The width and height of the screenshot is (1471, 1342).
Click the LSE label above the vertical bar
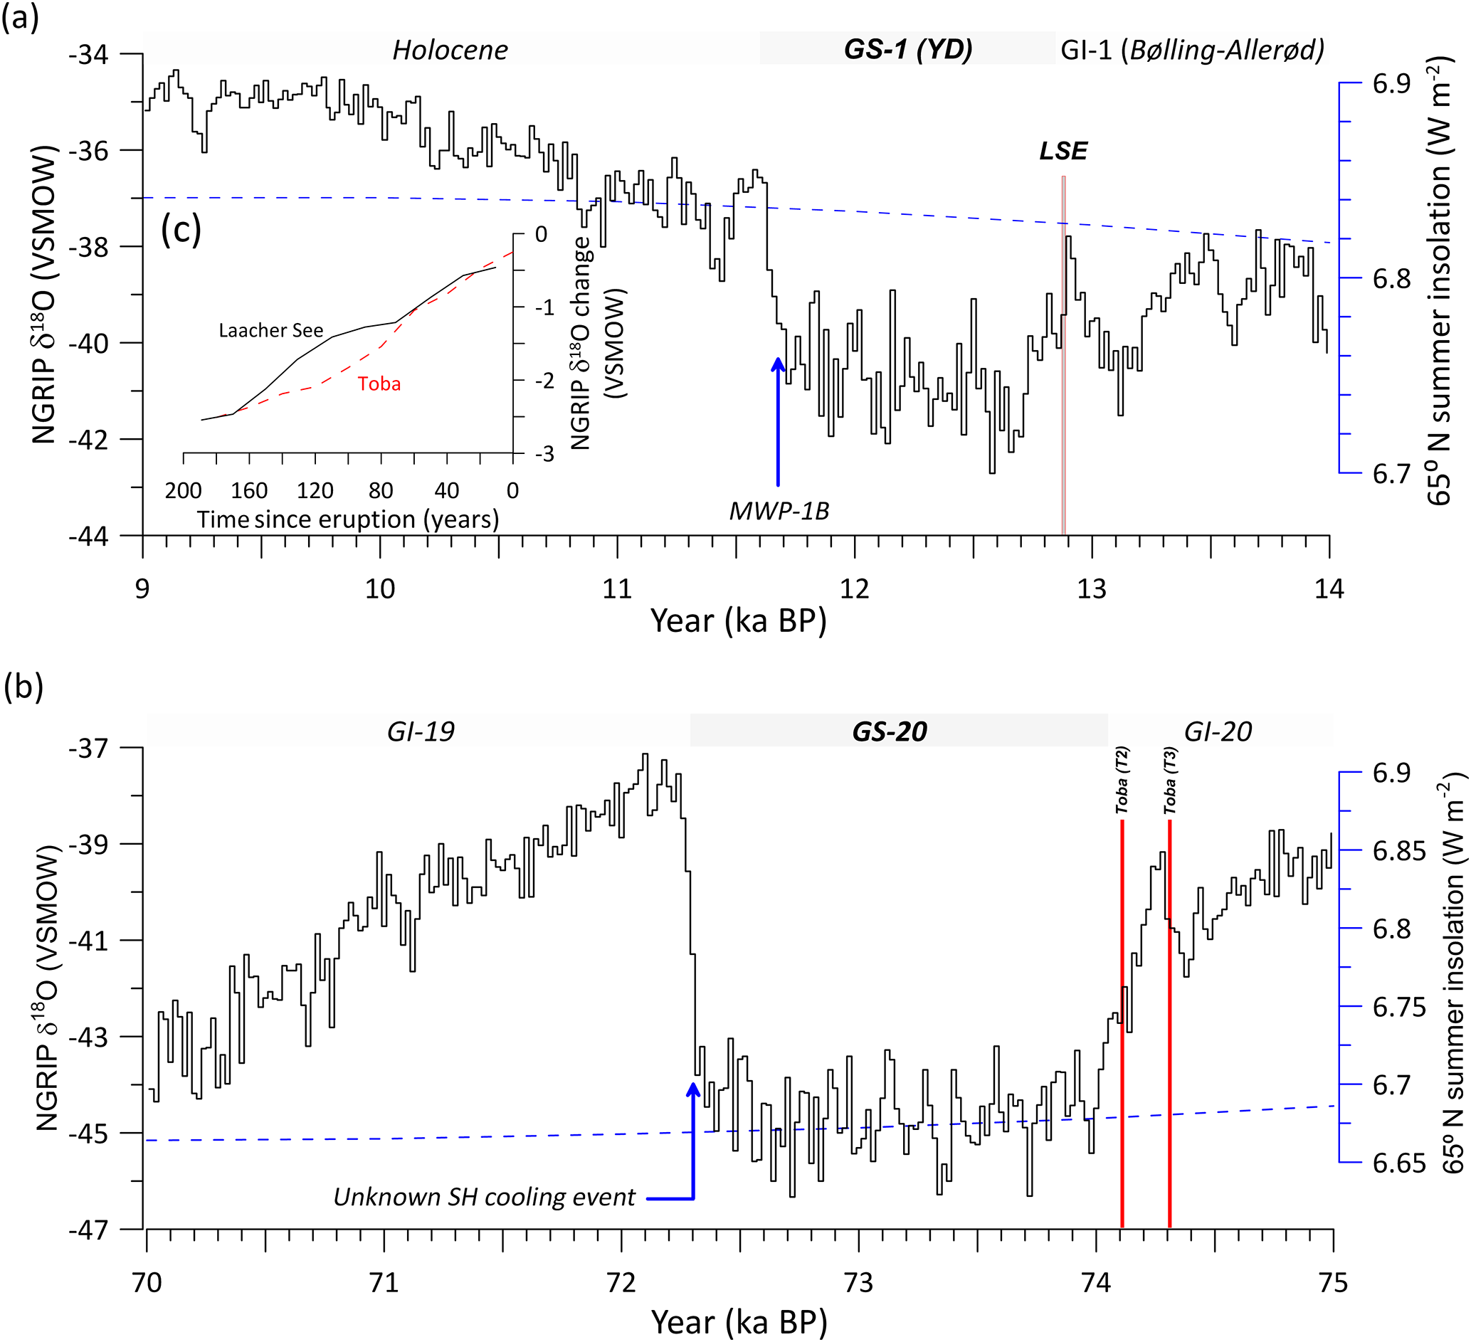coord(1063,151)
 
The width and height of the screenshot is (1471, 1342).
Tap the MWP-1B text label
coord(779,512)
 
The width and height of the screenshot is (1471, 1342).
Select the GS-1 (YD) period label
coord(907,50)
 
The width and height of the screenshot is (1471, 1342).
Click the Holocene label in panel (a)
coord(450,51)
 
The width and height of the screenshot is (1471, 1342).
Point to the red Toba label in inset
coord(379,384)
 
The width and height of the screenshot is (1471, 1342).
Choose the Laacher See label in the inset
coord(270,331)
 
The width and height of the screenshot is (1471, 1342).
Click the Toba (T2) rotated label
coord(1122,780)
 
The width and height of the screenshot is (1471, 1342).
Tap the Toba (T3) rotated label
coord(1170,780)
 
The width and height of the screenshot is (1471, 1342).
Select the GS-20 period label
coord(890,731)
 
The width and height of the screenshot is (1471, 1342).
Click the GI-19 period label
coord(421,731)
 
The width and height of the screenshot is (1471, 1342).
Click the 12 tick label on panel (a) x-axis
coord(855,589)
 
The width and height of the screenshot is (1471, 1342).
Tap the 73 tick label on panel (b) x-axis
coord(859,1283)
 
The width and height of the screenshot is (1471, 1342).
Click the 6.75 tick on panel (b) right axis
coord(1398,1007)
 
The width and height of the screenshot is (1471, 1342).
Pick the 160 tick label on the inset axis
coord(249,490)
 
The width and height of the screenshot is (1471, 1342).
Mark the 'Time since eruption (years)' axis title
coord(348,519)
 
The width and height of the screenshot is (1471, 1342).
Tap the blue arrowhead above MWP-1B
coord(778,364)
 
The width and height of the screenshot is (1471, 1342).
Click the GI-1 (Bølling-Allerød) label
coord(1192,51)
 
